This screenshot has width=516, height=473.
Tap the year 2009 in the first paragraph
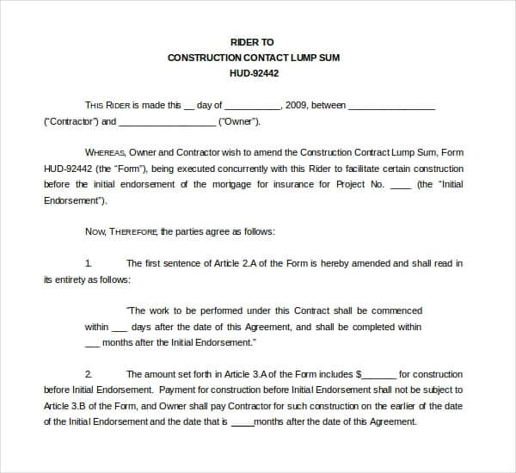(x=295, y=106)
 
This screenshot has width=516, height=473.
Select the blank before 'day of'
(x=189, y=107)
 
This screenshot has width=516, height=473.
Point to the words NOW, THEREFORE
(x=121, y=231)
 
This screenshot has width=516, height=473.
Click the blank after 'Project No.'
(x=400, y=186)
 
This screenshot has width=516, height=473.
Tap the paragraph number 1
(x=89, y=263)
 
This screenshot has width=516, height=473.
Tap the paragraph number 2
(x=89, y=374)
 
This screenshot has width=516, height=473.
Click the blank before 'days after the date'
(x=120, y=329)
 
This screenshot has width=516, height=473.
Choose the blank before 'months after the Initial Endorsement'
(x=93, y=344)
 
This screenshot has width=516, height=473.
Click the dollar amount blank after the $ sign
(x=380, y=376)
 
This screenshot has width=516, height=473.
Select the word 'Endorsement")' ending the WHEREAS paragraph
(x=75, y=200)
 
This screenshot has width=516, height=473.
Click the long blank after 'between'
(x=391, y=107)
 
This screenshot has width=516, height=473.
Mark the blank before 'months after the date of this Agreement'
(x=243, y=423)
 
